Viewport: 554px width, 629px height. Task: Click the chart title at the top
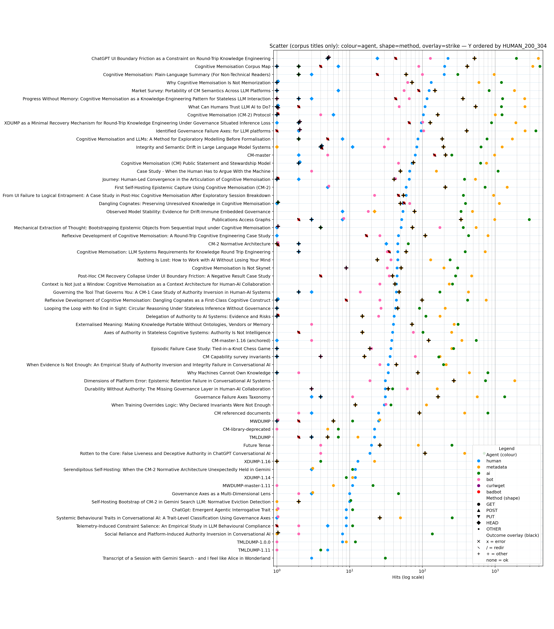[408, 46]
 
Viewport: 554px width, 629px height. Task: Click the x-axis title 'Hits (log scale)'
[408, 577]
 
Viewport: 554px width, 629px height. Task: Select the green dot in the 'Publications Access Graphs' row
[529, 220]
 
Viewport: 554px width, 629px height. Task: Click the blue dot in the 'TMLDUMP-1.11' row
[328, 550]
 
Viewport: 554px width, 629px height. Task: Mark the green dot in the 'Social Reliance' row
[432, 534]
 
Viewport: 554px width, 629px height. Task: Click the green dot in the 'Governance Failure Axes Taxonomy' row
[504, 397]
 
